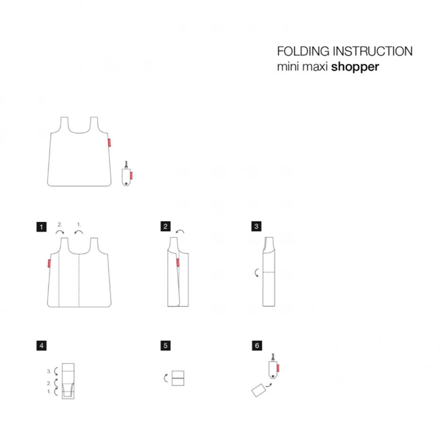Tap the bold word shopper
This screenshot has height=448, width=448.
tap(355, 67)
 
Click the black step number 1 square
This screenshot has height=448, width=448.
tap(42, 227)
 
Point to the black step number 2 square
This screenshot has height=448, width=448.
tap(165, 227)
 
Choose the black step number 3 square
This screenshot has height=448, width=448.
tap(256, 226)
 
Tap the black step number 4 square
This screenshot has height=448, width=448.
tap(42, 346)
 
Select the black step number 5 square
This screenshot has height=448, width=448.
tap(165, 346)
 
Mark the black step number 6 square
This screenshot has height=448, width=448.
tap(257, 346)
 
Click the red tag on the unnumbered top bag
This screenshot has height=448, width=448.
tap(109, 143)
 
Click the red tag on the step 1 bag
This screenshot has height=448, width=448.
tap(49, 263)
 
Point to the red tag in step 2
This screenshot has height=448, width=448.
tap(178, 262)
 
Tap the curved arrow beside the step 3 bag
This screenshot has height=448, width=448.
tap(256, 273)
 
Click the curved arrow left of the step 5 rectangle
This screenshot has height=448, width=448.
tap(165, 378)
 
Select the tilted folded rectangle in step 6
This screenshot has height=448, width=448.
tap(259, 390)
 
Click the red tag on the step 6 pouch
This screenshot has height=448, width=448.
tap(278, 368)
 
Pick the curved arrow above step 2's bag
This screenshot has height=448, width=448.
tap(180, 231)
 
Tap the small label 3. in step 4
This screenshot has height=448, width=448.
tap(49, 371)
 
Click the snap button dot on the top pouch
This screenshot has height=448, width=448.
tap(126, 183)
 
